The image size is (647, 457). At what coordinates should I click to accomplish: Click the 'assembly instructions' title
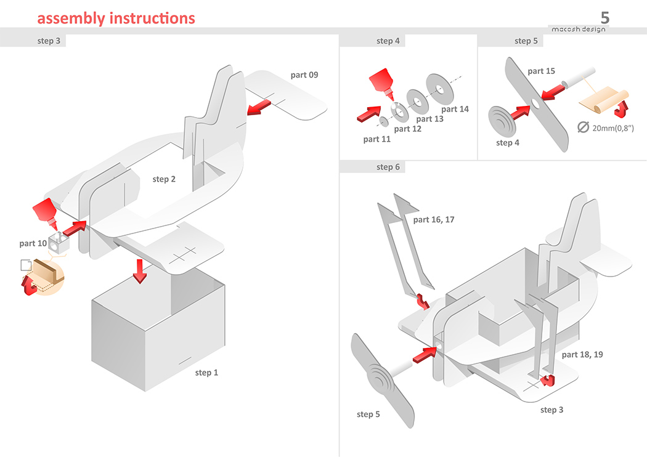tap(116, 18)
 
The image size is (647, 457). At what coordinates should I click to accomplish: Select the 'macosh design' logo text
tap(577, 30)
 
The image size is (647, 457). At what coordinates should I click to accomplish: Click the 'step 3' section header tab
tap(49, 41)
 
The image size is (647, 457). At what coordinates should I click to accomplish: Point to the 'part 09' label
tap(304, 75)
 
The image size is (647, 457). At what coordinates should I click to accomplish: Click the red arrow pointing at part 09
tap(259, 108)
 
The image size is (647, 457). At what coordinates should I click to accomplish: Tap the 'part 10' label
tap(33, 243)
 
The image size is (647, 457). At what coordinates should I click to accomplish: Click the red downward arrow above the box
tap(140, 270)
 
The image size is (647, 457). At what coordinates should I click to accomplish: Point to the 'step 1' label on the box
tap(206, 373)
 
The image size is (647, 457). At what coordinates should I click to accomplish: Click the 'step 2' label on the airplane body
tap(164, 179)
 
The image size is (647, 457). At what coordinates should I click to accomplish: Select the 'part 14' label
tap(455, 109)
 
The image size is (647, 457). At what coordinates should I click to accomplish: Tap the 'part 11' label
tap(377, 139)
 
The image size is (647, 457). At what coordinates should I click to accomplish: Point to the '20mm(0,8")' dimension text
tap(613, 128)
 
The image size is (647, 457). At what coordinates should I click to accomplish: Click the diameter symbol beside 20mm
tap(582, 128)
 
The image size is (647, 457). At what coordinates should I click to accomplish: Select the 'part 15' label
tap(541, 71)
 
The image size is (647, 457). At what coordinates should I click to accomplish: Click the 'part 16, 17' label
tap(434, 219)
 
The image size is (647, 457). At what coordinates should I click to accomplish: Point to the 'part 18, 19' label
tap(582, 355)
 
